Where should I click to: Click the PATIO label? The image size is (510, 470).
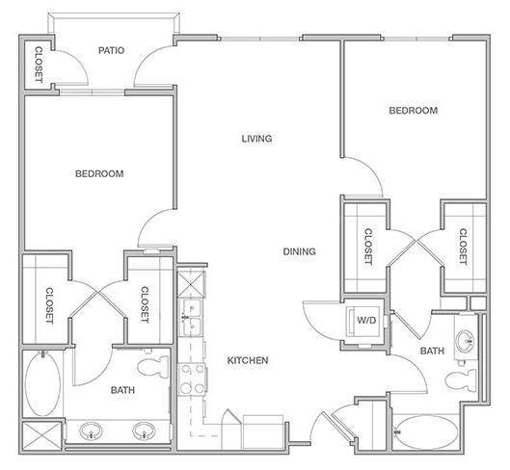(111, 50)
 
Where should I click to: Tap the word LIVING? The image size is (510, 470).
(256, 139)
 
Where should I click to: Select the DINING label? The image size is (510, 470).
(299, 251)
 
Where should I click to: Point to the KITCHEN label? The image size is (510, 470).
(248, 360)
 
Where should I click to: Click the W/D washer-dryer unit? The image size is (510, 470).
(364, 321)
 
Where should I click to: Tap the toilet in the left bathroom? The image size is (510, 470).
(153, 367)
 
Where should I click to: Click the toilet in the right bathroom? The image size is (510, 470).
(460, 380)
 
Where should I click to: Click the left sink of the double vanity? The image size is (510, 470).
(91, 431)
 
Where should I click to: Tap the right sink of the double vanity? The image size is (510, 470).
(144, 431)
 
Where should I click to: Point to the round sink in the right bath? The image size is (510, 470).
(466, 341)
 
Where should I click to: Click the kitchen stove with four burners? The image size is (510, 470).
(192, 379)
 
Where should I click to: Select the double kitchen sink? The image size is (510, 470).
(192, 318)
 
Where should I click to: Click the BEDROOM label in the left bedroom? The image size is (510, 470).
(99, 174)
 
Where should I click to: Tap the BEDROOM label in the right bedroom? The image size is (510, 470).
(413, 111)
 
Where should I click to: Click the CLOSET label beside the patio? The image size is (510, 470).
(39, 65)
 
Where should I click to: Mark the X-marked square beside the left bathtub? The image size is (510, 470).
(42, 436)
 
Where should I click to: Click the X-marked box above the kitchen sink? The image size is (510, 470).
(191, 284)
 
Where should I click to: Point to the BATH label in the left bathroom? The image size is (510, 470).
(122, 390)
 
